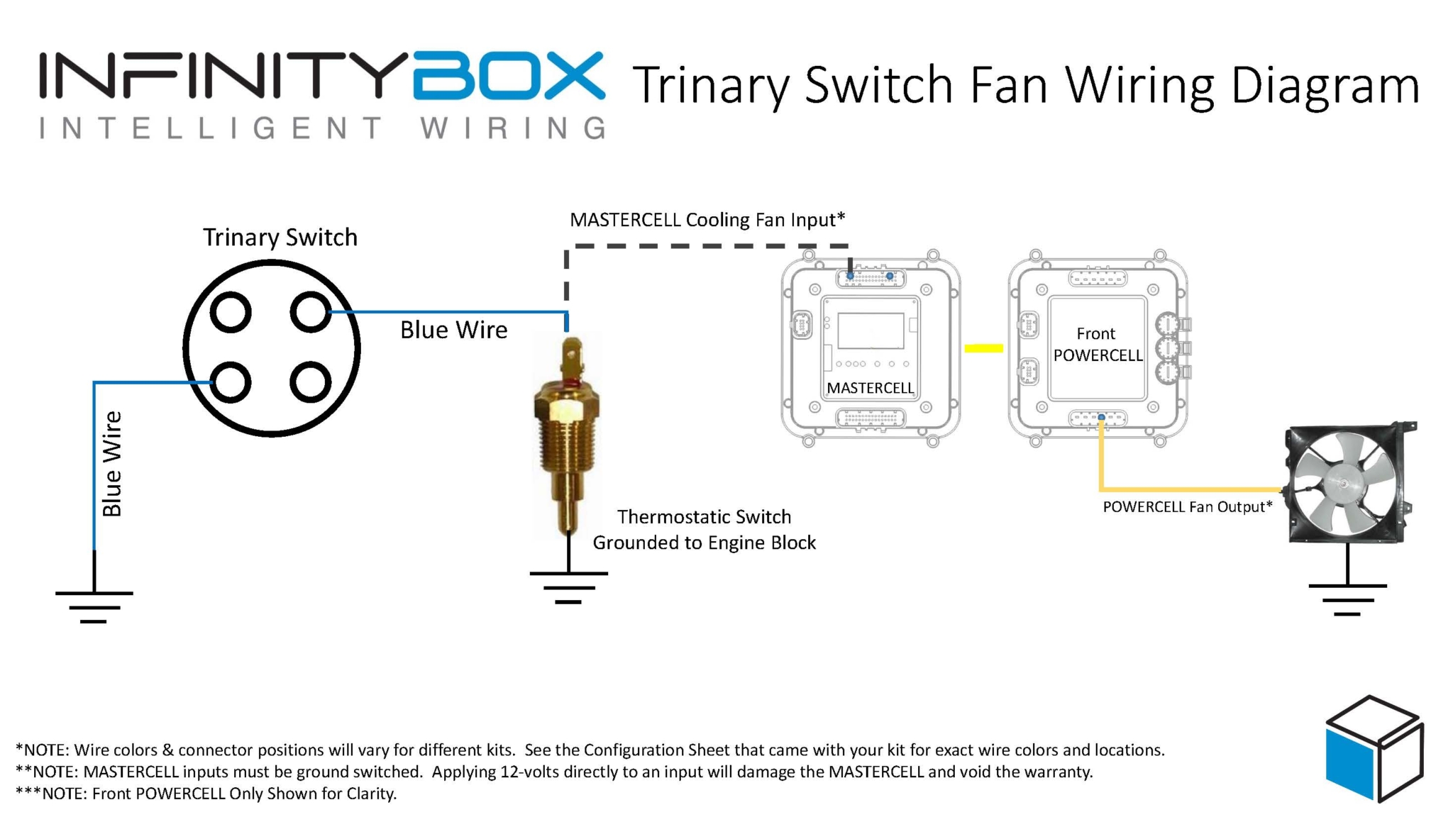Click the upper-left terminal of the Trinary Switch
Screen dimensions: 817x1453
coord(231,312)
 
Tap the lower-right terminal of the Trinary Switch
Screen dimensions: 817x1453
coord(311,382)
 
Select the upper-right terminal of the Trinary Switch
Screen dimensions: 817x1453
coord(311,312)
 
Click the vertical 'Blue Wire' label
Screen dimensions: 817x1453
coord(112,464)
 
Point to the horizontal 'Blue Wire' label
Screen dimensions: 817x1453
coord(453,330)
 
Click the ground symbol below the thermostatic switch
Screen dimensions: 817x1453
coord(568,587)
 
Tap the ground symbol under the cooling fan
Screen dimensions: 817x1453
coord(1347,599)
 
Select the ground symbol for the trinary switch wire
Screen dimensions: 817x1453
coord(94,607)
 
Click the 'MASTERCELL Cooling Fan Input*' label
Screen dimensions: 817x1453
coord(707,220)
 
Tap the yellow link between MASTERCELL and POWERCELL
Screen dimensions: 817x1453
coord(983,348)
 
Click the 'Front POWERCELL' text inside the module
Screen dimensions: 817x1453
coord(1097,345)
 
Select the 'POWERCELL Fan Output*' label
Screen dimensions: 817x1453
coord(1187,507)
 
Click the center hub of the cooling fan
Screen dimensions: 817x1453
coord(1343,484)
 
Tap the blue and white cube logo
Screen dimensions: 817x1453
coord(1374,749)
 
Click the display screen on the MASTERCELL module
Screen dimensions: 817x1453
coord(871,330)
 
